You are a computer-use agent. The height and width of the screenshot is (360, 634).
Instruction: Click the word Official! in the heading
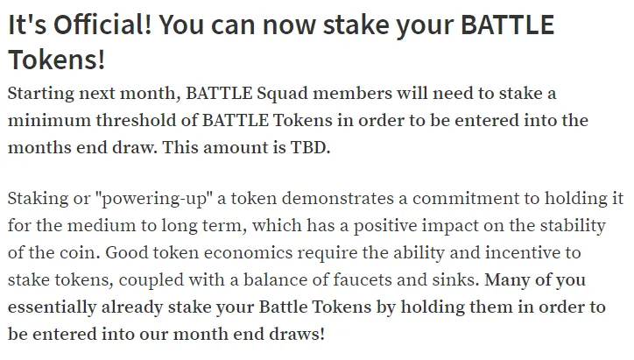(102, 25)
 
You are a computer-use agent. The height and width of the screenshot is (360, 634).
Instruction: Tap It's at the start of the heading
(27, 25)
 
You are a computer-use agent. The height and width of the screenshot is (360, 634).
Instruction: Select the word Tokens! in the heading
(57, 60)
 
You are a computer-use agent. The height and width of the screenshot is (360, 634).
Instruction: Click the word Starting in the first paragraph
(41, 94)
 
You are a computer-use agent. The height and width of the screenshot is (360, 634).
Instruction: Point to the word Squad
(283, 94)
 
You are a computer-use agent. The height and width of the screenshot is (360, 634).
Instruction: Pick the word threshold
(136, 121)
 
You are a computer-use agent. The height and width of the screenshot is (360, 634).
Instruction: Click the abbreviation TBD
(311, 147)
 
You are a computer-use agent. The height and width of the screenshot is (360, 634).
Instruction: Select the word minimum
(49, 121)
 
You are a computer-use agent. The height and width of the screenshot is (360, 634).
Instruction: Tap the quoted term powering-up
(153, 199)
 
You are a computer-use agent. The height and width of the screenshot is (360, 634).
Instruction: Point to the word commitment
(475, 199)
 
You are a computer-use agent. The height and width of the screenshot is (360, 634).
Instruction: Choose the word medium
(102, 226)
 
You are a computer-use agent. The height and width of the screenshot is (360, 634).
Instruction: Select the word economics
(249, 253)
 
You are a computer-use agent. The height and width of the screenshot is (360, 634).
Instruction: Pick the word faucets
(363, 280)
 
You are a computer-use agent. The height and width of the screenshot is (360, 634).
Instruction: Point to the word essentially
(53, 307)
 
